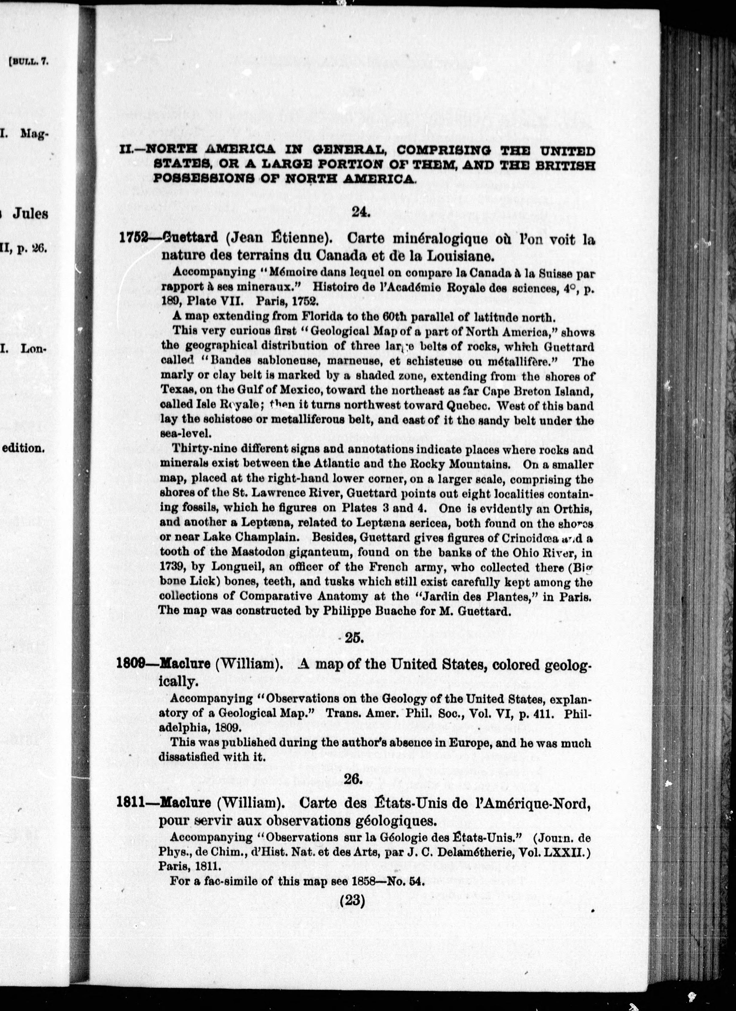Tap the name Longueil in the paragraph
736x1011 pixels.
click(x=239, y=567)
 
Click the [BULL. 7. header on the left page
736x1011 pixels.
click(x=28, y=62)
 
